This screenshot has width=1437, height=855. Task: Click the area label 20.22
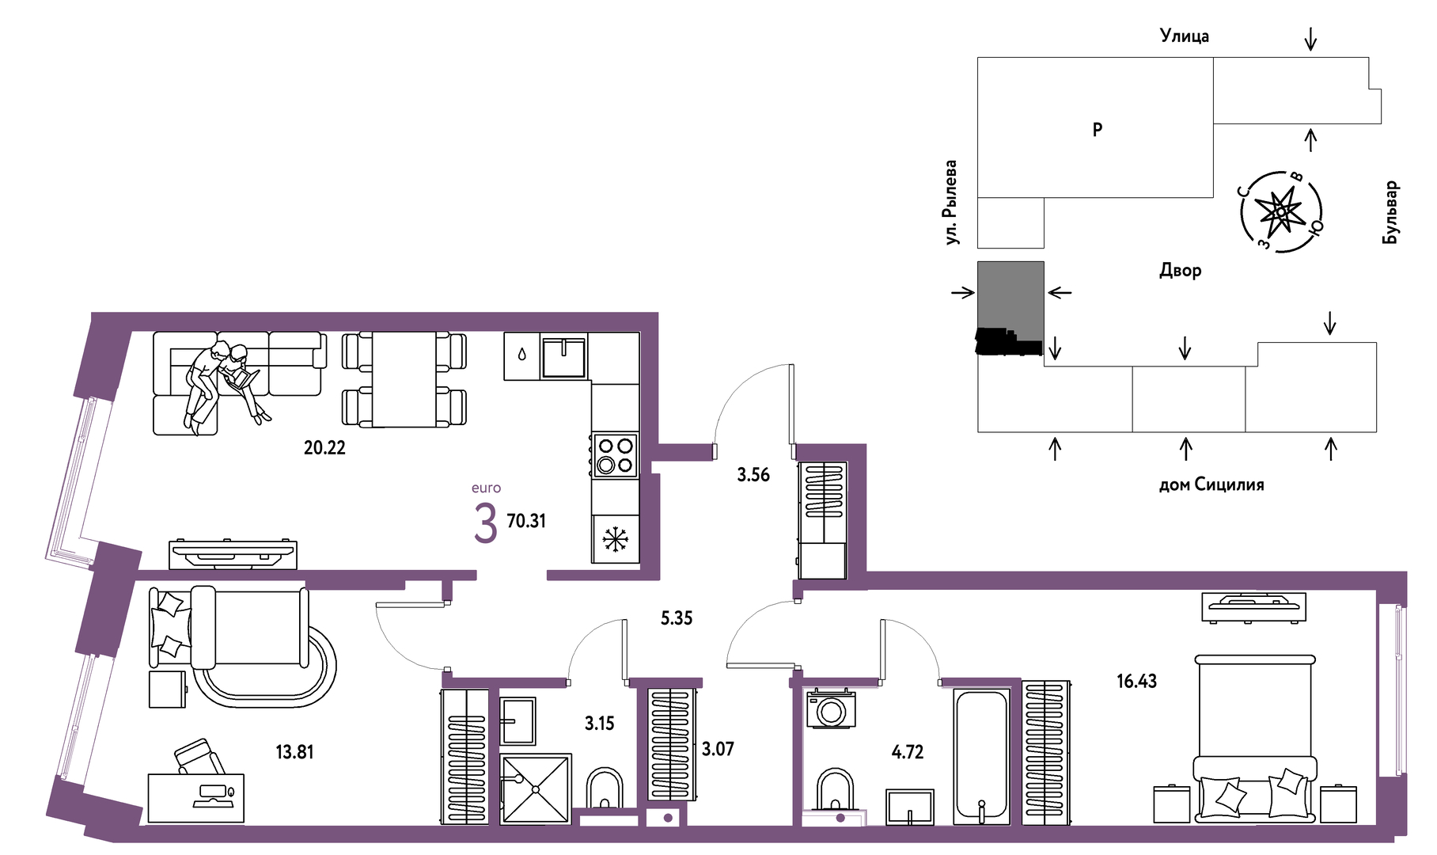tap(324, 447)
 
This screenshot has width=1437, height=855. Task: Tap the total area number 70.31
tap(526, 521)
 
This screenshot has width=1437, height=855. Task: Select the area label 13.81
tap(294, 752)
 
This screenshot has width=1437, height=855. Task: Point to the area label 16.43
tap(1136, 681)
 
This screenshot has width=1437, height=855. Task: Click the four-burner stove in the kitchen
tap(615, 455)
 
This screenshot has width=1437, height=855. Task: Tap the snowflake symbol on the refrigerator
tap(615, 539)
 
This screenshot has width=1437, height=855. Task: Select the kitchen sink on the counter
tap(563, 357)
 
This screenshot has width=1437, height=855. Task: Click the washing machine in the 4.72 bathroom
tap(831, 709)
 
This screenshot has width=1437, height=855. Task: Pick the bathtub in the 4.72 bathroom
tap(982, 757)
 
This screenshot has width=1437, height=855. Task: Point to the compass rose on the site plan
tap(1281, 212)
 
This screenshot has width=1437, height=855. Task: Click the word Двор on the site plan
tap(1181, 270)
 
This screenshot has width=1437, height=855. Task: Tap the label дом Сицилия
tap(1211, 484)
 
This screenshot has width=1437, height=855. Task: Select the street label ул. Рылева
tap(951, 202)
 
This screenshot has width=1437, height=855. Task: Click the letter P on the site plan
tap(1098, 129)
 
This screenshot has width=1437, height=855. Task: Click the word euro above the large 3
tap(486, 488)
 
